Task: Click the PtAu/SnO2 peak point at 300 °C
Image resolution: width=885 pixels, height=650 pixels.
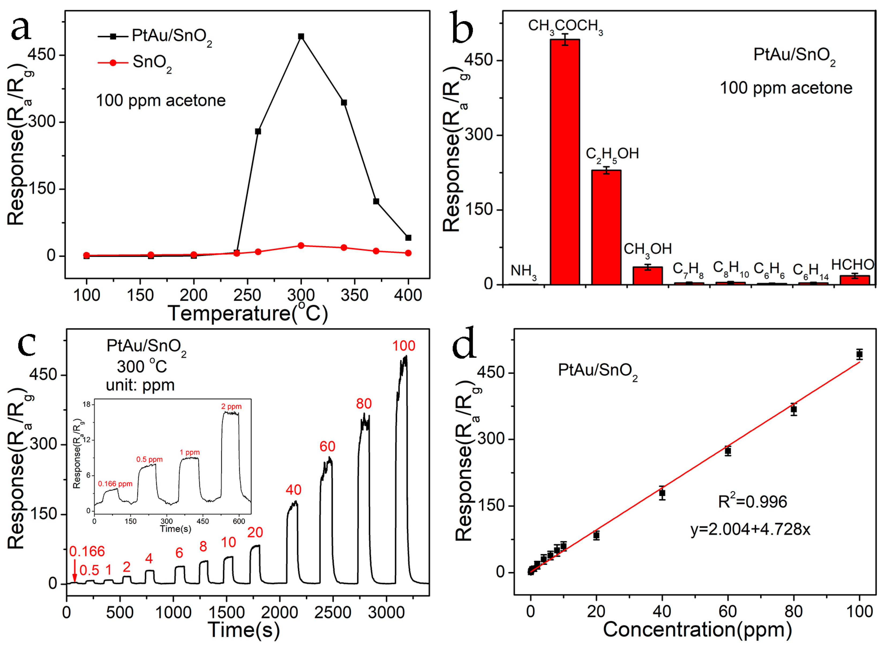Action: point(301,36)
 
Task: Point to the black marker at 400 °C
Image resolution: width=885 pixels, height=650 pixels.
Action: point(408,238)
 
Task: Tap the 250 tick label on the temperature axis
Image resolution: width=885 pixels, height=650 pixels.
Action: point(247,295)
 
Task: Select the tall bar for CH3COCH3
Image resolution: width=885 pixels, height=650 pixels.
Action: point(565,161)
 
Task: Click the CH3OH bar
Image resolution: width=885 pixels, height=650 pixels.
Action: point(648,275)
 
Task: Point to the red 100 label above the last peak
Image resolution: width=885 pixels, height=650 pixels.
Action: point(404,346)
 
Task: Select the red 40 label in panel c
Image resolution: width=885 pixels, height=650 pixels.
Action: point(294,490)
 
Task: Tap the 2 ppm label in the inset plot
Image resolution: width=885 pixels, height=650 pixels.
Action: point(231,407)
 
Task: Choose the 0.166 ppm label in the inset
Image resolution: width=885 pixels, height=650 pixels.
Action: point(115,484)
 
